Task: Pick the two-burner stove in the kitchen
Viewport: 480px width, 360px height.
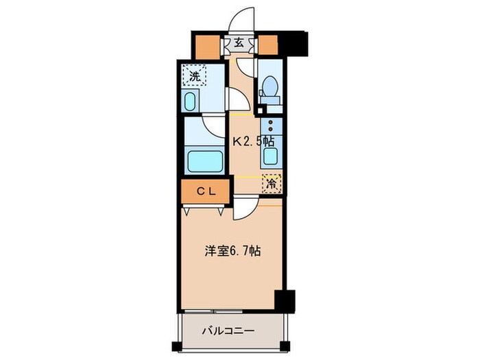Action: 272,128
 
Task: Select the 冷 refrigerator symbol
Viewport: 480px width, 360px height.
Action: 272,184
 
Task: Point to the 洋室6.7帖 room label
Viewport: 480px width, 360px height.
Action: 230,252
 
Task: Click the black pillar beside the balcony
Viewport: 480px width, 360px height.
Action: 284,300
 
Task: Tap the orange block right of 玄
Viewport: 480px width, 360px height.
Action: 267,45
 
